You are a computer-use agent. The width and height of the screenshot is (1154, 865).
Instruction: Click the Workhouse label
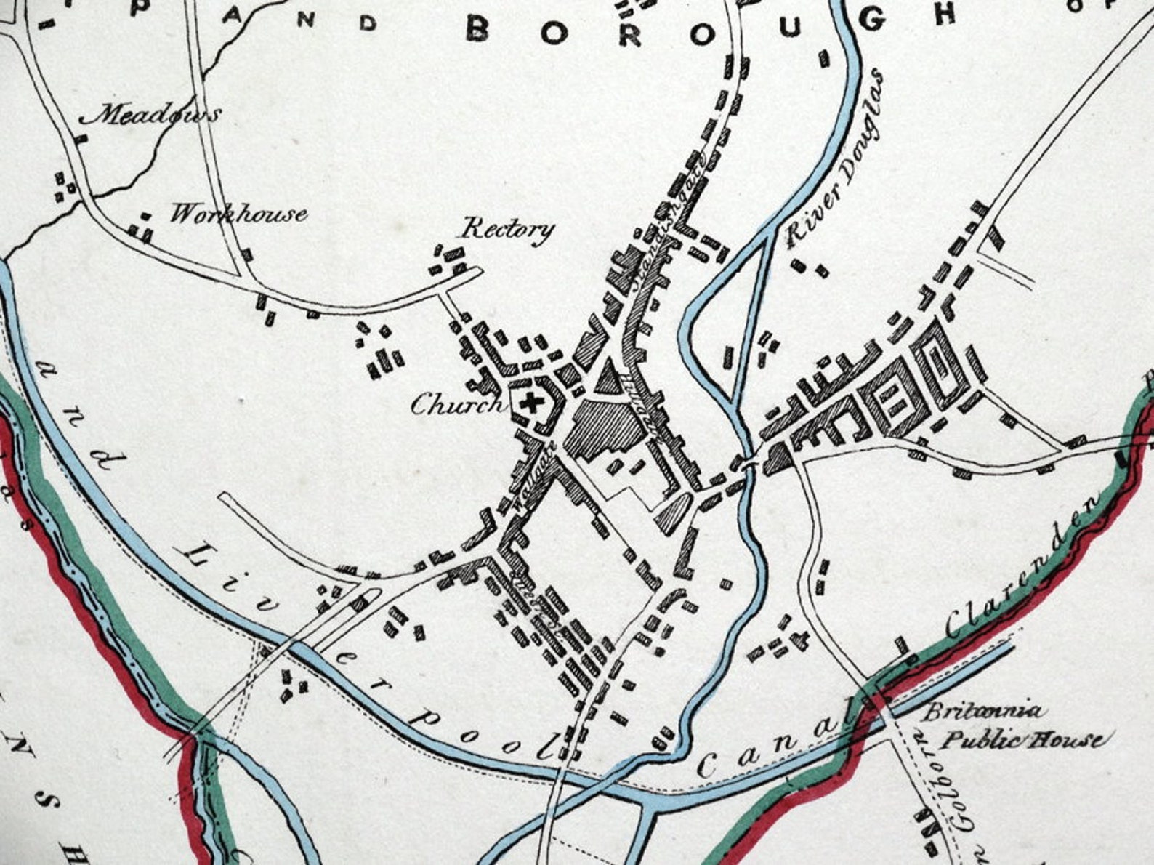coord(238,214)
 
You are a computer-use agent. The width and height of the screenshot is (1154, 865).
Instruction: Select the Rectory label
coord(509,230)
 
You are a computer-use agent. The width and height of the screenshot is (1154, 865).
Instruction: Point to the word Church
coord(456,404)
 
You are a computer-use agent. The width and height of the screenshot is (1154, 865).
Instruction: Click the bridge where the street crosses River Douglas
coord(749,462)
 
